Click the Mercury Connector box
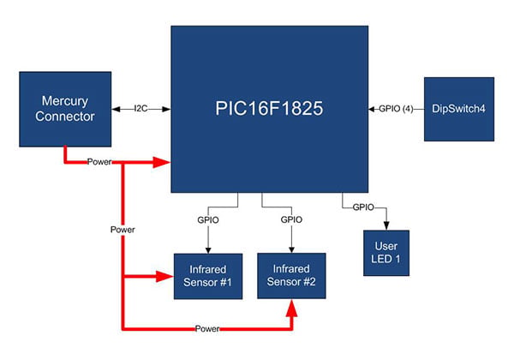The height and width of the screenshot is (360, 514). click(x=65, y=109)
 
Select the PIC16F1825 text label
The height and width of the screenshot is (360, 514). click(x=269, y=108)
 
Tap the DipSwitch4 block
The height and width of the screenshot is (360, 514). click(x=459, y=109)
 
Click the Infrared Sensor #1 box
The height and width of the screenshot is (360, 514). click(x=208, y=276)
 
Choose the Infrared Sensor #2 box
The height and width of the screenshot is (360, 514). click(x=291, y=276)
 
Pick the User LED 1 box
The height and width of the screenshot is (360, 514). click(x=386, y=253)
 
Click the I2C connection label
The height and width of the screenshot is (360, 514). click(x=141, y=109)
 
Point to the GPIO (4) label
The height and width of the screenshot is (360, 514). click(x=396, y=109)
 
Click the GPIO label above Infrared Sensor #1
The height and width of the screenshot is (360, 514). click(x=208, y=220)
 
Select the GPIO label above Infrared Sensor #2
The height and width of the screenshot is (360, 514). click(x=291, y=219)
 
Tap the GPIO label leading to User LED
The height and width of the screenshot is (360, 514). click(x=363, y=207)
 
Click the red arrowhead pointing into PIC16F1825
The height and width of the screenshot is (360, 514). click(x=162, y=162)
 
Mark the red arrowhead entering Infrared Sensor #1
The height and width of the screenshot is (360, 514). click(x=164, y=276)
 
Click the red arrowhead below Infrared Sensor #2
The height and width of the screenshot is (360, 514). click(x=291, y=309)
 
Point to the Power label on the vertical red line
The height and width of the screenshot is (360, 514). click(x=123, y=230)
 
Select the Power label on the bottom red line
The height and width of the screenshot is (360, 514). click(x=207, y=328)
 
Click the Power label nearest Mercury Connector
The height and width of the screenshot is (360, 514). click(x=99, y=162)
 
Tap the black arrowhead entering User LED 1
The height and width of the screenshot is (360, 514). click(x=386, y=226)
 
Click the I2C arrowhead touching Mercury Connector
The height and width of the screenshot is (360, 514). click(x=116, y=109)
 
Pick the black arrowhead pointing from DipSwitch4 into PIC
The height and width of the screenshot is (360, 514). click(x=372, y=109)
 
